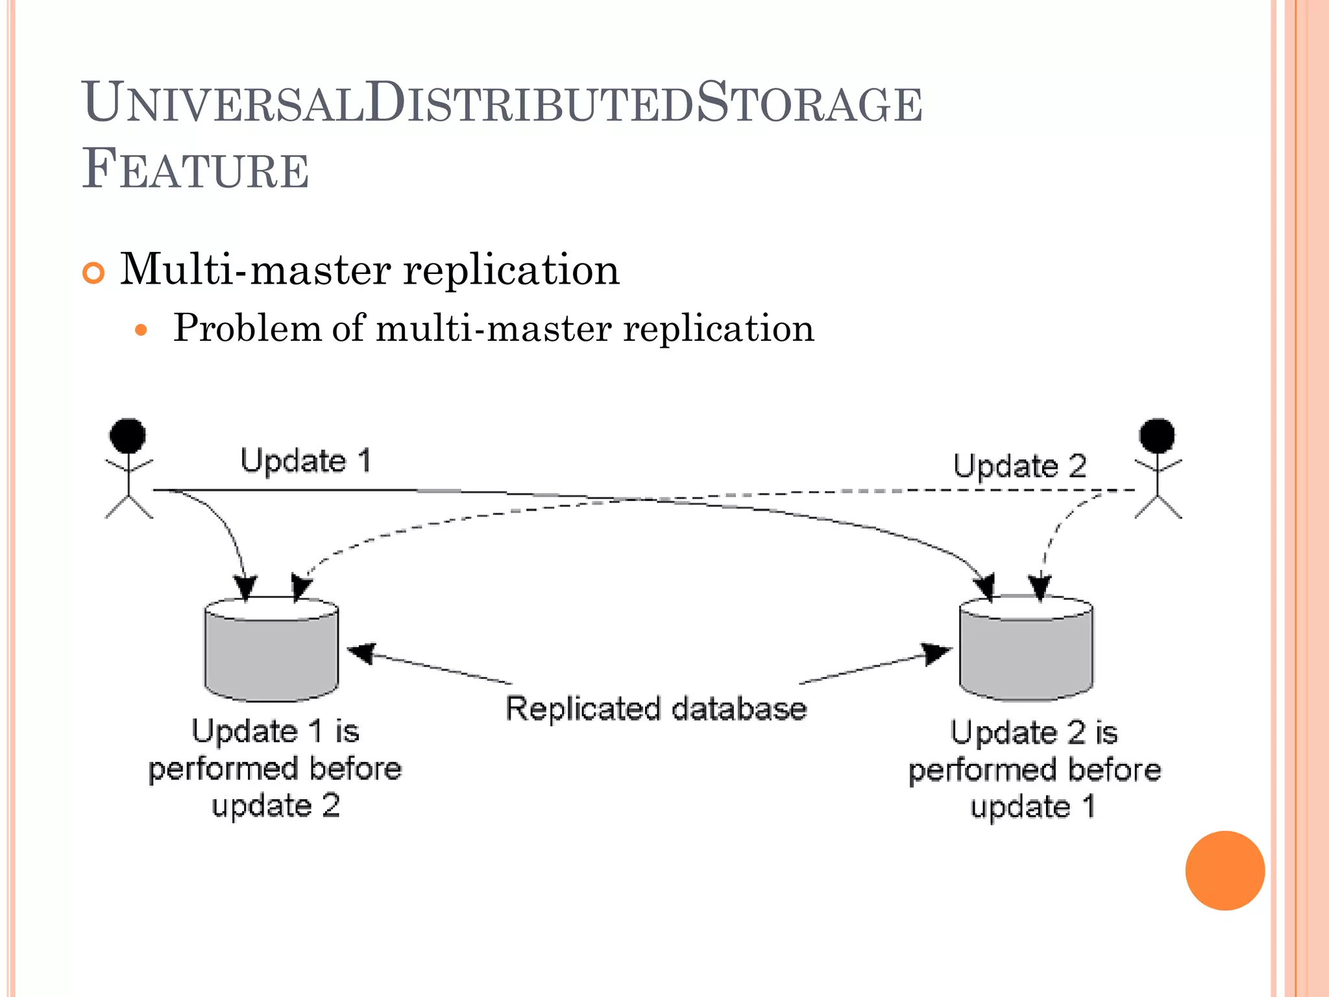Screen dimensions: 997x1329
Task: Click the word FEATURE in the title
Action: [x=195, y=170]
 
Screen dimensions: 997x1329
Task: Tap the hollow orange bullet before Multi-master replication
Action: [x=93, y=273]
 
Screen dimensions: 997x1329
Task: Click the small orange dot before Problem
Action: [x=141, y=330]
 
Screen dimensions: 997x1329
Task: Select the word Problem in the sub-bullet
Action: [x=247, y=328]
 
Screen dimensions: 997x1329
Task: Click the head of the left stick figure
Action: [x=128, y=436]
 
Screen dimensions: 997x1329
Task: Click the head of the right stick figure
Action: [x=1157, y=436]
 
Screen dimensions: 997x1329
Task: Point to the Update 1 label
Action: [x=306, y=461]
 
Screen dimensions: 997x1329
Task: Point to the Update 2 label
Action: [x=1019, y=466]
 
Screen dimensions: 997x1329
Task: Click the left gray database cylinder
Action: [x=271, y=652]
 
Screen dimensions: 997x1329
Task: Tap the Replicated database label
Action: [x=655, y=708]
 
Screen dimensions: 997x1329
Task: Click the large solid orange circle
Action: [x=1225, y=870]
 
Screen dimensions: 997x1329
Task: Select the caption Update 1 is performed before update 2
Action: [x=275, y=769]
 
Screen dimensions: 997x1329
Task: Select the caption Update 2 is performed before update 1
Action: [x=1034, y=770]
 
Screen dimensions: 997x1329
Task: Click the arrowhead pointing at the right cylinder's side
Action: [x=936, y=652]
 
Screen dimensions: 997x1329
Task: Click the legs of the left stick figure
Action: [x=128, y=506]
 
